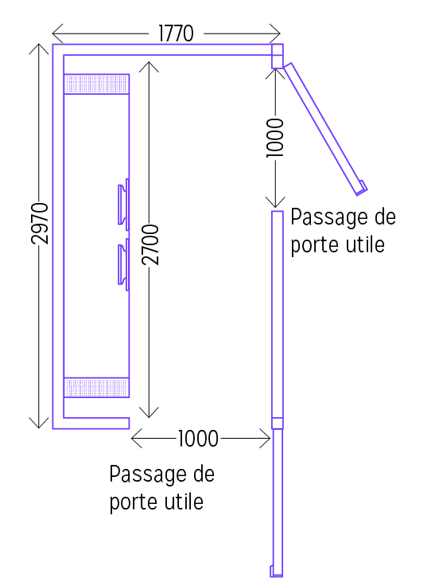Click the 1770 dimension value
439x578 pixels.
pos(176,33)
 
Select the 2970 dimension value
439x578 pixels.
pos(40,224)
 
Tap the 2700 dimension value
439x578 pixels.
pos(150,244)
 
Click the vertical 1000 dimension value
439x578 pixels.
pos(275,138)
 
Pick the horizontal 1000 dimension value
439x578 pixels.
pos(199,439)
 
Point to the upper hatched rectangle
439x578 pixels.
pos(96,84)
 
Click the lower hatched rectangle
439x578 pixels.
pos(96,388)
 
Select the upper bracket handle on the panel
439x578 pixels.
pos(123,205)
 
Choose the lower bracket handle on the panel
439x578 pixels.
pos(123,264)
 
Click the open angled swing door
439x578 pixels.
pos(324,129)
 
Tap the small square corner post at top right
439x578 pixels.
pos(278,56)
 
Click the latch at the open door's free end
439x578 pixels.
pos(363,187)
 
